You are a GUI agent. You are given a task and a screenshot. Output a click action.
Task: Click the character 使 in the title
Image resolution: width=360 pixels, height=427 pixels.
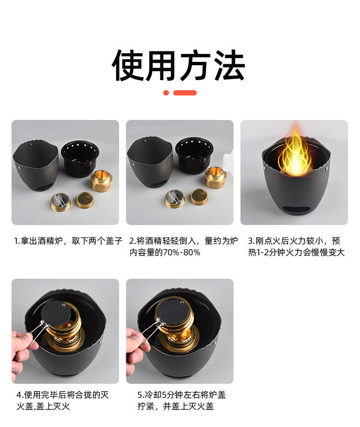(x=129, y=65)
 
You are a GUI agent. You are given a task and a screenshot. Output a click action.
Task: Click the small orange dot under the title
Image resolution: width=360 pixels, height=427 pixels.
(x=166, y=93)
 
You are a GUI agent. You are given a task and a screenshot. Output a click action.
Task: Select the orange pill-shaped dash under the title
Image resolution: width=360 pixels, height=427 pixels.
(x=185, y=93)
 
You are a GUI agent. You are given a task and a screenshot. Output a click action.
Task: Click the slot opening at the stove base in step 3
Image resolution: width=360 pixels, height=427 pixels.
(x=294, y=209)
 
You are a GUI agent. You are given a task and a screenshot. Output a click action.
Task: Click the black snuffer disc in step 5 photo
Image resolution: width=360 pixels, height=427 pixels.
(x=174, y=312)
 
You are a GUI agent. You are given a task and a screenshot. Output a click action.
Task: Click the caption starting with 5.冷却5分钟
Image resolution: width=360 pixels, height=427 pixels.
(x=181, y=401)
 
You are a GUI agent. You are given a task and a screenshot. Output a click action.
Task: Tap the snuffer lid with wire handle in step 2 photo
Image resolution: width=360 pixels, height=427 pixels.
(x=175, y=198)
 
